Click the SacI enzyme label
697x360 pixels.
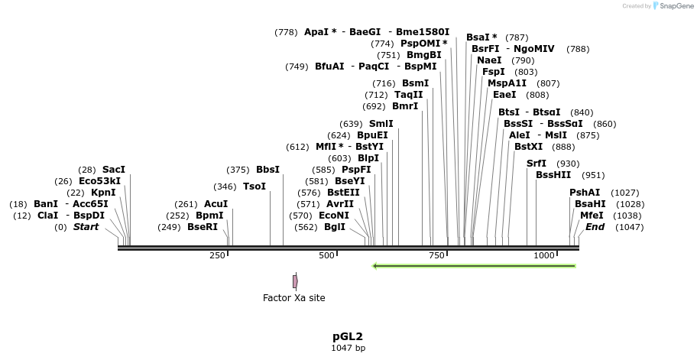[114, 170]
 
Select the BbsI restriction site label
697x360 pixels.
[267, 170]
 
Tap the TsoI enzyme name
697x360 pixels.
[254, 186]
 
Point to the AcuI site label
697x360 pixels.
[216, 204]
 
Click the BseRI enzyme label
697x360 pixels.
[203, 227]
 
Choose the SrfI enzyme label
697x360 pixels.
[537, 164]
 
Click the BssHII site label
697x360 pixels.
[553, 175]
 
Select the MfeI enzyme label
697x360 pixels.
[592, 216]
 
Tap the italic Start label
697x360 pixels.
[86, 227]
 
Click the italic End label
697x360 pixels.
[595, 227]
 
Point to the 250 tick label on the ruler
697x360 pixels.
[218, 255]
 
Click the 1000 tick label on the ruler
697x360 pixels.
[544, 255]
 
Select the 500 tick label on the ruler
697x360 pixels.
[327, 255]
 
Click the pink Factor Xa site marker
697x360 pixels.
[295, 281]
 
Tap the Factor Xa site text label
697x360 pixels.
[293, 298]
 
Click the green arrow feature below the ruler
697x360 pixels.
[474, 266]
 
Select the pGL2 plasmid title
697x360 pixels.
[348, 336]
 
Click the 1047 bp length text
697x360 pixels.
[348, 349]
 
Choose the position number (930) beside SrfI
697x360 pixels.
[568, 164]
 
